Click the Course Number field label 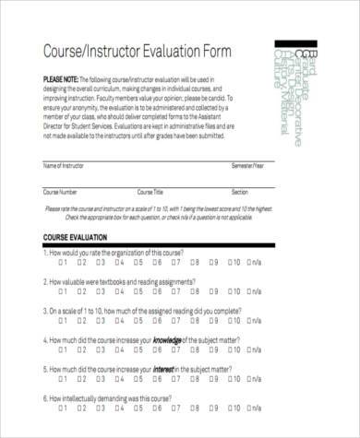61,192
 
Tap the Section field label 239,192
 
